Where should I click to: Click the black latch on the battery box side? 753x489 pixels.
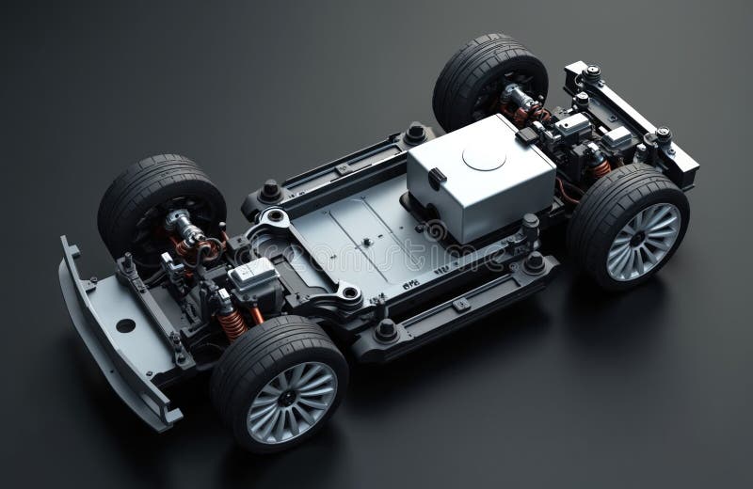(x=436, y=178)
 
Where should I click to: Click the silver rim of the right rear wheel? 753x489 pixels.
(x=645, y=241)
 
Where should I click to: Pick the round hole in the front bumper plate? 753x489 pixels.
(x=125, y=324)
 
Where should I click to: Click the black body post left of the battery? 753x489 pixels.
(x=415, y=133)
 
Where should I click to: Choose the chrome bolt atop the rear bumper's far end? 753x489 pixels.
(x=592, y=71)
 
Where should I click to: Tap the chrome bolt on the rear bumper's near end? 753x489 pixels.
(x=664, y=134)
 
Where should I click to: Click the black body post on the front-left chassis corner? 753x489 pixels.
(x=271, y=189)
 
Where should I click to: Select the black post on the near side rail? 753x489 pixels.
(x=385, y=328)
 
